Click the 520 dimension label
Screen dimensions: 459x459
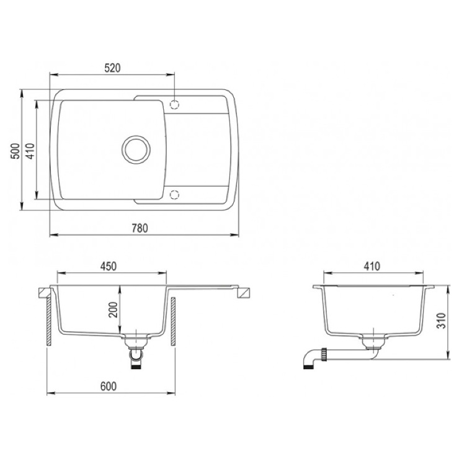[112, 68]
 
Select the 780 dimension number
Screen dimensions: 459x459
[140, 228]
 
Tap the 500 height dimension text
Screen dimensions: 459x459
[16, 151]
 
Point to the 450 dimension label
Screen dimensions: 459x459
[109, 266]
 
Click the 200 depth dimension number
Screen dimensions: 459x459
[113, 310]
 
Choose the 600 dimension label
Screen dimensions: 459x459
[109, 386]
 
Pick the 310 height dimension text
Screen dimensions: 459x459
[441, 321]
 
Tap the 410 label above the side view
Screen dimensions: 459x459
[372, 266]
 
